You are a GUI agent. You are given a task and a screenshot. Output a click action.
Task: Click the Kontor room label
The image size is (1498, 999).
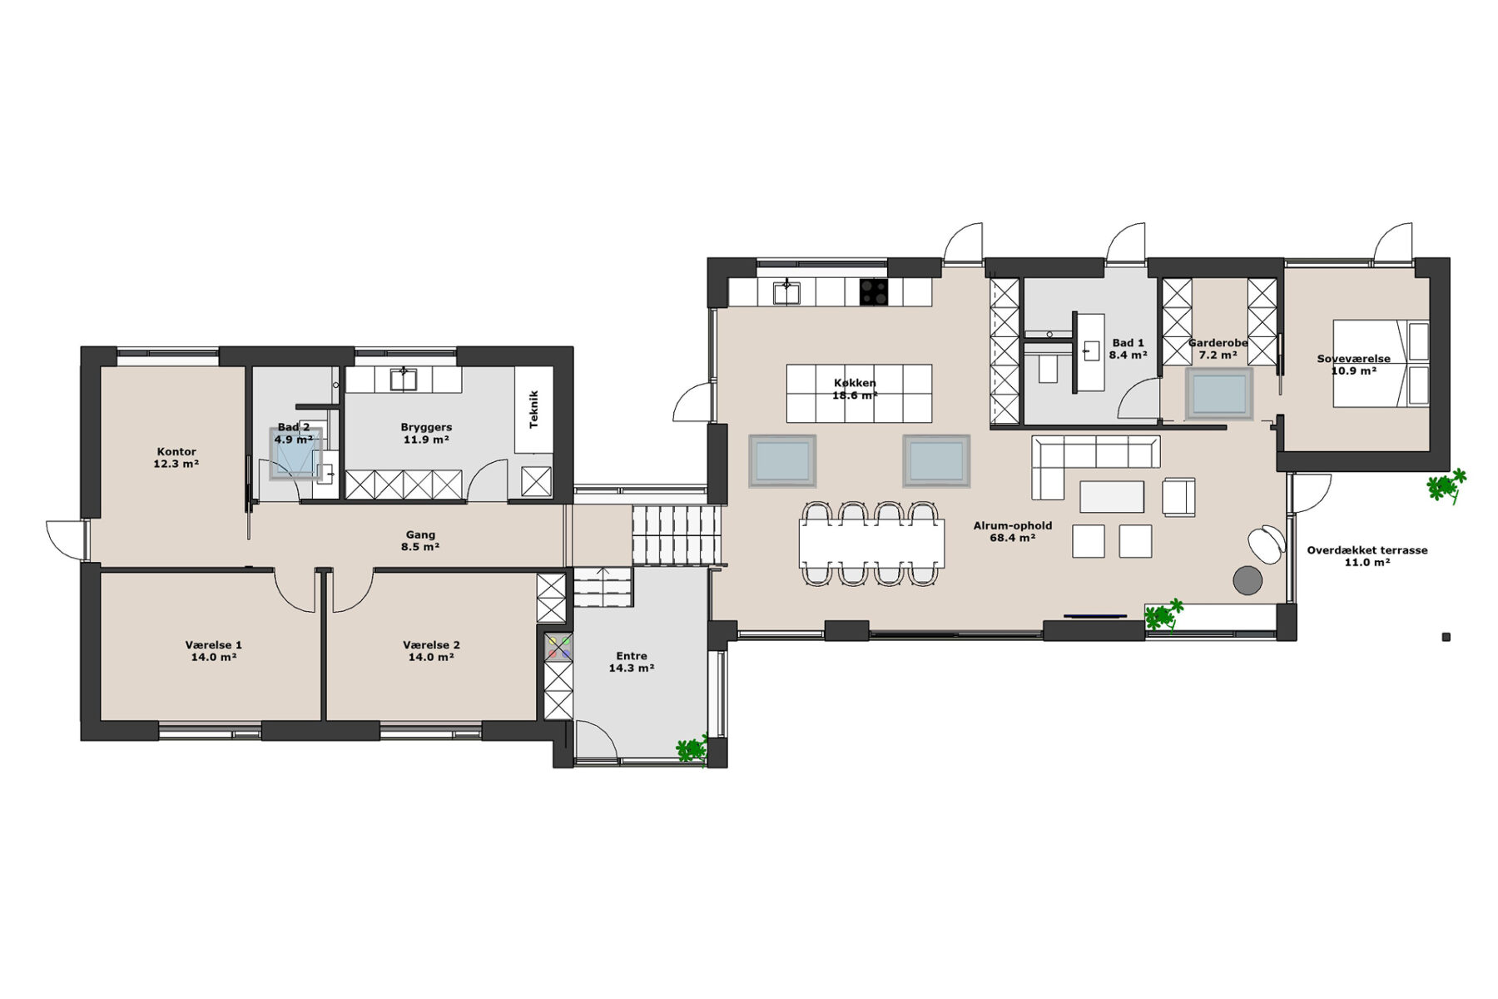[x=176, y=452]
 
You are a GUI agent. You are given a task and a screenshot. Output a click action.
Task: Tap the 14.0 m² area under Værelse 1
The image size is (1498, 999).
[x=214, y=657]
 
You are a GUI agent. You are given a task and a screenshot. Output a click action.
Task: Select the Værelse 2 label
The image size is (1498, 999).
[x=431, y=645]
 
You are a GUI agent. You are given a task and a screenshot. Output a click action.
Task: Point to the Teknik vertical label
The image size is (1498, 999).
[x=534, y=410]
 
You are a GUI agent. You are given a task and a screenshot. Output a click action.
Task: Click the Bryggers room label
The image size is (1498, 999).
[x=426, y=427]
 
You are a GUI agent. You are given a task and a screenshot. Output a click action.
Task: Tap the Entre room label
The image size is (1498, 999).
[x=632, y=656]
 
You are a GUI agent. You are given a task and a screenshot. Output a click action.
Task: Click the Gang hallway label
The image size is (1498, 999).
[x=420, y=535]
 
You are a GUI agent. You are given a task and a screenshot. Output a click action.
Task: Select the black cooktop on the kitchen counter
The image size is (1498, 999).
[x=874, y=291]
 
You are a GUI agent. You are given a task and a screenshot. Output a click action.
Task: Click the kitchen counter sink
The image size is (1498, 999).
[x=786, y=292]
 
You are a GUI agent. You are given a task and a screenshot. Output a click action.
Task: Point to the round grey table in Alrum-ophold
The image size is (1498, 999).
[x=1248, y=580]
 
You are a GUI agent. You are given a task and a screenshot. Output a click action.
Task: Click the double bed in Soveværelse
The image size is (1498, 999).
[x=1381, y=364]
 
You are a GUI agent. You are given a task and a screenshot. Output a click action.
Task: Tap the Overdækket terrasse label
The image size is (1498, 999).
[x=1367, y=550]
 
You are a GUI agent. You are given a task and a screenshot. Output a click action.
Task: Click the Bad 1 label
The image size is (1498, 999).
[x=1128, y=343]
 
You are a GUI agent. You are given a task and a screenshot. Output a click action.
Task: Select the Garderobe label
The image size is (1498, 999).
[x=1218, y=343]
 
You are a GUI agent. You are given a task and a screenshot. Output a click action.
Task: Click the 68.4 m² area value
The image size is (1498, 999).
[x=1013, y=538]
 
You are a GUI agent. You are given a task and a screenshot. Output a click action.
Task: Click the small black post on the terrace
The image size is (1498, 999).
[x=1446, y=638]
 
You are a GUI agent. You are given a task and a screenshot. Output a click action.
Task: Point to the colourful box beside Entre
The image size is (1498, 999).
[x=558, y=648]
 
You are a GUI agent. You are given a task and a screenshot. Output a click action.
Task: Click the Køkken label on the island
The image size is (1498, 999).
[x=855, y=384]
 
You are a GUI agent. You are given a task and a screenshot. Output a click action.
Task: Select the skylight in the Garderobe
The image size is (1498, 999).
[x=1219, y=393]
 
